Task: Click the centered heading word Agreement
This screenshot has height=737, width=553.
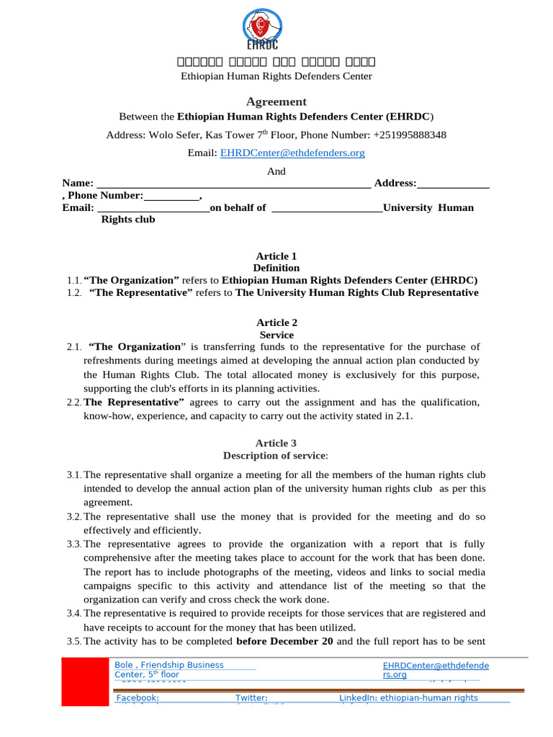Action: (276, 101)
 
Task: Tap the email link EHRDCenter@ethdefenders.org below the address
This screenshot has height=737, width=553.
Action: (292, 153)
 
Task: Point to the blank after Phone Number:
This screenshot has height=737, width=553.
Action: (171, 196)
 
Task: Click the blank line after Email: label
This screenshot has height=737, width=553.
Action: (152, 208)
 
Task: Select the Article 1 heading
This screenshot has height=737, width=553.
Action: (276, 256)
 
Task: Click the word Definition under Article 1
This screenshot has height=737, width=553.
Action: (276, 268)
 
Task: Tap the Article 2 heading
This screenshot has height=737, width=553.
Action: (276, 323)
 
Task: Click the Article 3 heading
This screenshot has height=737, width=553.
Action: (276, 443)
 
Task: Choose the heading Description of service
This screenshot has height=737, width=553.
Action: (276, 456)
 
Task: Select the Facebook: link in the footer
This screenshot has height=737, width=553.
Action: (138, 697)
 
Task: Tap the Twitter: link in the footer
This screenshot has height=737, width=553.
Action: (251, 697)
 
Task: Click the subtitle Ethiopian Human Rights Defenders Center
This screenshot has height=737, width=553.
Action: (276, 76)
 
